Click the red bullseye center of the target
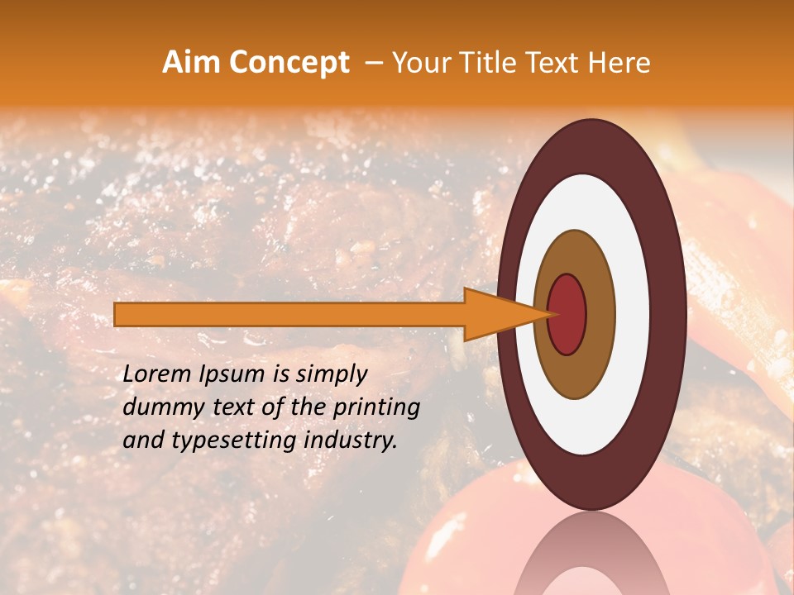click(x=567, y=314)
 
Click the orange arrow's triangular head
click(x=496, y=314)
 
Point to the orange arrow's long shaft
click(x=289, y=314)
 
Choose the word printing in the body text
click(x=378, y=407)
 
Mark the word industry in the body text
click(x=351, y=440)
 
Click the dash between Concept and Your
click(x=374, y=64)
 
